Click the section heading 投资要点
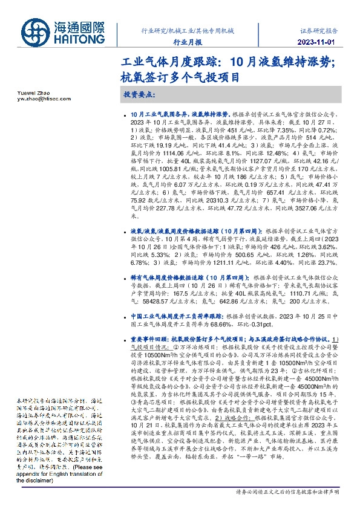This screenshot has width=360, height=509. pos(140,96)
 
